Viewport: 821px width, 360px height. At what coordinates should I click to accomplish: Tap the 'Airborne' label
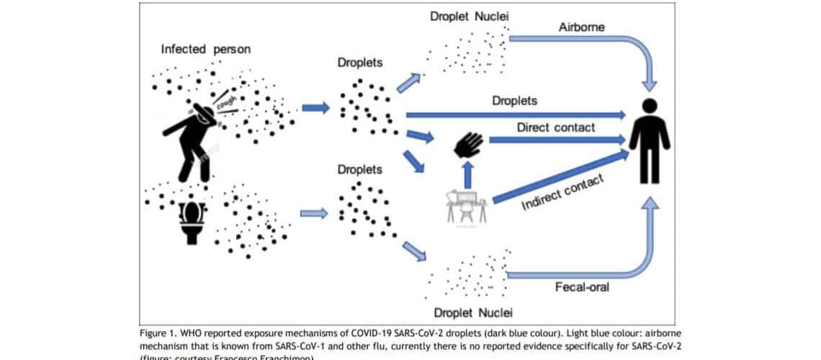tap(580, 27)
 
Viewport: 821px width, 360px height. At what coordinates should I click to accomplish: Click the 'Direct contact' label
tap(556, 127)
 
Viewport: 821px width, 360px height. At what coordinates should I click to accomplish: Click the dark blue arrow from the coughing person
tap(315, 108)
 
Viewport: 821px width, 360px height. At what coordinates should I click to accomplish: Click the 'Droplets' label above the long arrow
tap(514, 101)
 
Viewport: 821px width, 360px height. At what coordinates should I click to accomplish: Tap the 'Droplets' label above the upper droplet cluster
tap(360, 63)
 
